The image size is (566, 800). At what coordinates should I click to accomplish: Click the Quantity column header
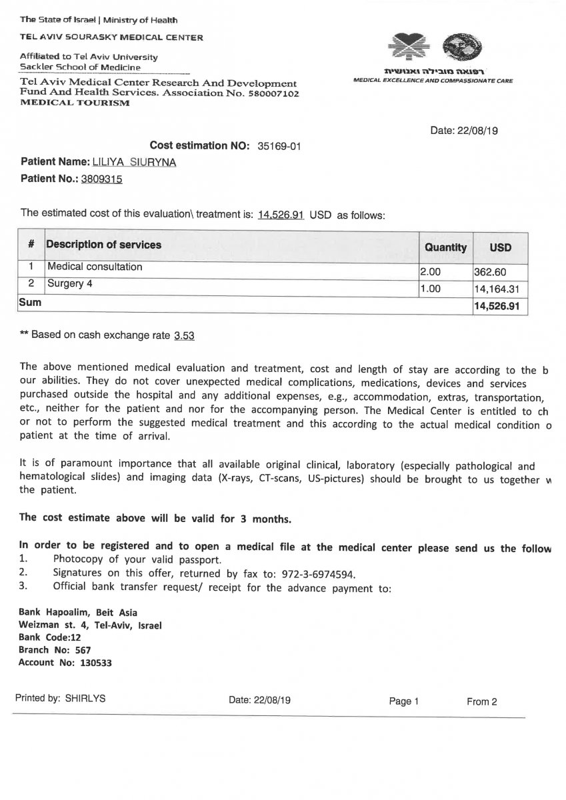(445, 247)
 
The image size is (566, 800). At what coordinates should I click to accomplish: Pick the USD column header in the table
(500, 247)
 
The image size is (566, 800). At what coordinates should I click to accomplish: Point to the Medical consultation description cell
(94, 267)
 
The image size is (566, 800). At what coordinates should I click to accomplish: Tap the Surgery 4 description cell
(65, 283)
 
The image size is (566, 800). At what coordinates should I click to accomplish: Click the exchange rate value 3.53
(184, 336)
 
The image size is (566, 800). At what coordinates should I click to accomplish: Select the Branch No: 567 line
(55, 650)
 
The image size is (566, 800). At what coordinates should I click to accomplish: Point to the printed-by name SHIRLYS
(85, 699)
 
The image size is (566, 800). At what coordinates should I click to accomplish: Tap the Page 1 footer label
(404, 701)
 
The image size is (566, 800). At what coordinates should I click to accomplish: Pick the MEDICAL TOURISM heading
(75, 103)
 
